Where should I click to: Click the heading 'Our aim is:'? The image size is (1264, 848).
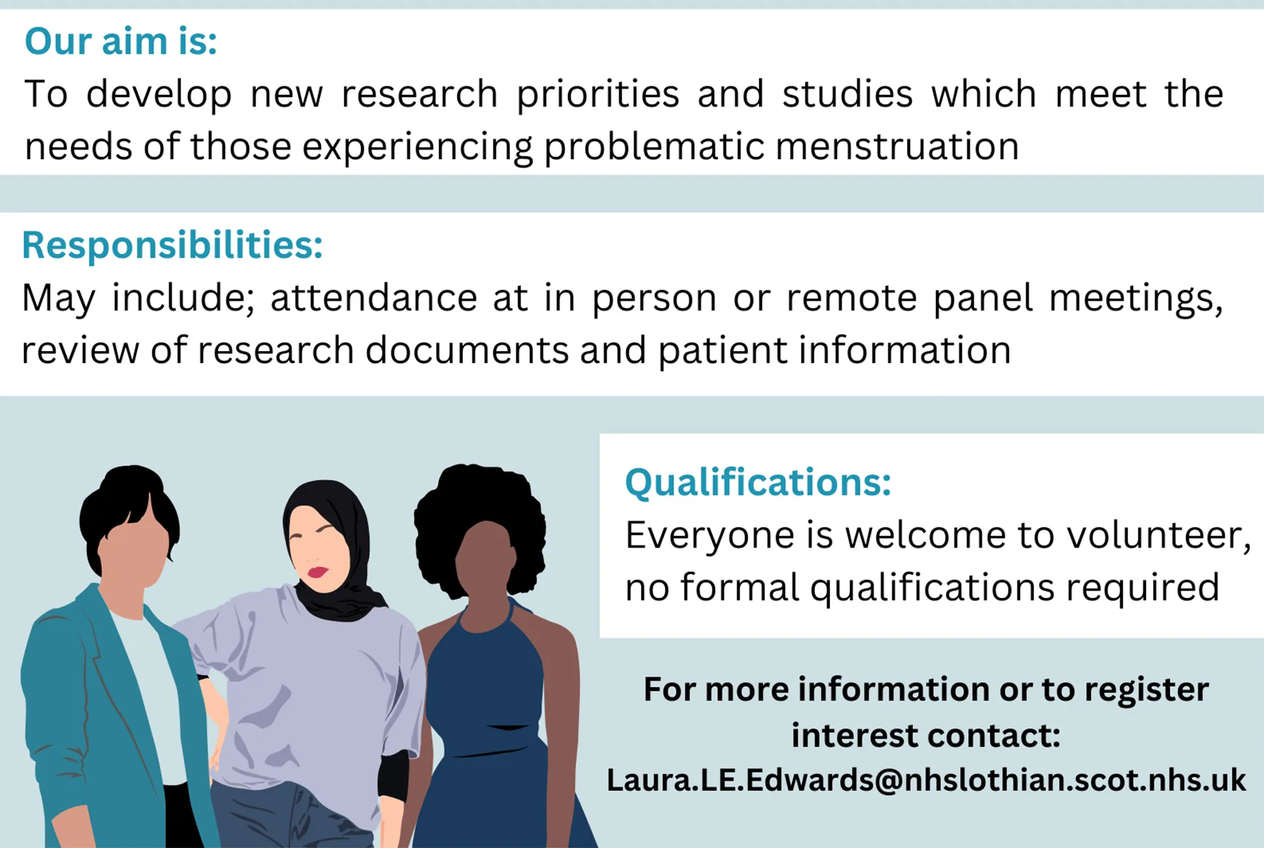click(121, 41)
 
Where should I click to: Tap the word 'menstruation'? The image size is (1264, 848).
click(897, 147)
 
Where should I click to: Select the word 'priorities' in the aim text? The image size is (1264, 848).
click(598, 94)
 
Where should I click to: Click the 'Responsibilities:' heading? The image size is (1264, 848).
click(172, 245)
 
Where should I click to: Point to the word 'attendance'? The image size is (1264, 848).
click(374, 298)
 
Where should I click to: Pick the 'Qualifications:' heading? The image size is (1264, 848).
click(758, 482)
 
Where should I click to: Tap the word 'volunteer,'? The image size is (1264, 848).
click(1159, 535)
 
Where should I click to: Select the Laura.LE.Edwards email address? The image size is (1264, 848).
click(926, 780)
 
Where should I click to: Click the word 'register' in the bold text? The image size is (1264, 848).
click(1146, 689)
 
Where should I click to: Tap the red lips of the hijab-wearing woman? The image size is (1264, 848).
click(317, 571)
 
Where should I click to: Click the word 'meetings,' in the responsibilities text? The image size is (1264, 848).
click(1135, 298)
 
